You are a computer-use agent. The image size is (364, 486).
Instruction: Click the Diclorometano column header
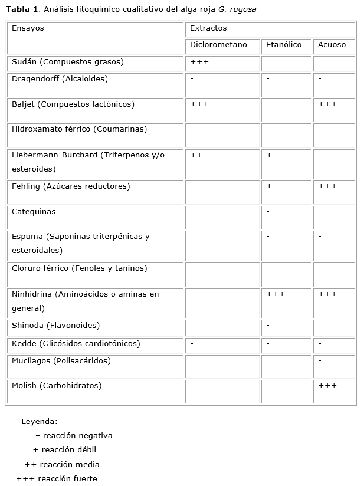pyautogui.click(x=223, y=45)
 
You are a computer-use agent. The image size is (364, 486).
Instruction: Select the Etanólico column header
pyautogui.click(x=284, y=45)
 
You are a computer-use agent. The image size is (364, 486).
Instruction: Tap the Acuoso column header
pyautogui.click(x=332, y=45)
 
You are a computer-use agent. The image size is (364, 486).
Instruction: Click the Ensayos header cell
pyautogui.click(x=28, y=28)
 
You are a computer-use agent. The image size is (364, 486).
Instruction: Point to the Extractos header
pyautogui.click(x=208, y=28)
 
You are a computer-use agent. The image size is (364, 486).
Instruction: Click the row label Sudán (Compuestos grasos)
pyautogui.click(x=68, y=61)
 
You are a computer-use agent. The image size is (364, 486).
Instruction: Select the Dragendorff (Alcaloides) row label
pyautogui.click(x=60, y=78)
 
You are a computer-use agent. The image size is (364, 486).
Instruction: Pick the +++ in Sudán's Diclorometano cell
pyautogui.click(x=199, y=61)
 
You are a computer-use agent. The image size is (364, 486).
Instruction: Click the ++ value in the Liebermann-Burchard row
pyautogui.click(x=196, y=155)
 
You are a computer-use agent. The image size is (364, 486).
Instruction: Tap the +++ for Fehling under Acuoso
pyautogui.click(x=327, y=186)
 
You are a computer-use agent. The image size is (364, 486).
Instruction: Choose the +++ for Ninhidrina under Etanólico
pyautogui.click(x=276, y=294)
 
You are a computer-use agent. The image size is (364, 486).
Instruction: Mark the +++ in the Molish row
pyautogui.click(x=327, y=385)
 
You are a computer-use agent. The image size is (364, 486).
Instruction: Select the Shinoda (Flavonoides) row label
pyautogui.click(x=56, y=325)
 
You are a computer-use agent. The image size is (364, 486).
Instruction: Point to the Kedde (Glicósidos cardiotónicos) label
pyautogui.click(x=76, y=343)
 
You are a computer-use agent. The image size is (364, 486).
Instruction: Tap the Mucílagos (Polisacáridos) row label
pyautogui.click(x=61, y=360)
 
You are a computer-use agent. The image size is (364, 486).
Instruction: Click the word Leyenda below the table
pyautogui.click(x=40, y=422)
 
